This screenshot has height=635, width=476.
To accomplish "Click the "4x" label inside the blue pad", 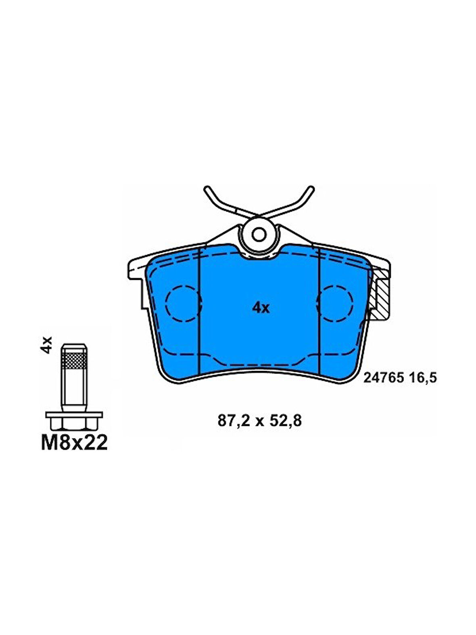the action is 261,308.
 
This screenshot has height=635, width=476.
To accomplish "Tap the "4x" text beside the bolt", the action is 46,345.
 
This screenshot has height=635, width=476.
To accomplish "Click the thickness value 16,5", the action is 422,378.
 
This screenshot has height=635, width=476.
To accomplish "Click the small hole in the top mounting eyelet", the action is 259,234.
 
